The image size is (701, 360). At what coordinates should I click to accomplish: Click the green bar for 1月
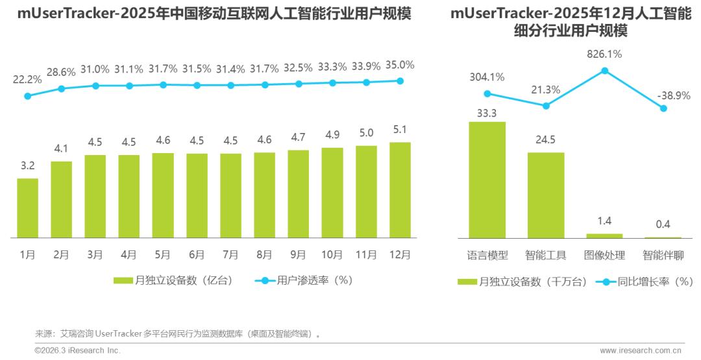coord(27,208)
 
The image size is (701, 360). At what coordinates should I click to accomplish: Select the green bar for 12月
coord(400,190)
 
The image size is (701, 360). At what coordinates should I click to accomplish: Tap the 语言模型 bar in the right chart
coord(487,180)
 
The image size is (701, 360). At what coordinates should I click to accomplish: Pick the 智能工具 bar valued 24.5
coord(546,195)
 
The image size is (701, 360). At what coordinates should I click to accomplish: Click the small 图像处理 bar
coord(604,235)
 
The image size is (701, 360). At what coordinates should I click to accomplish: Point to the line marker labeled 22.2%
coord(27,96)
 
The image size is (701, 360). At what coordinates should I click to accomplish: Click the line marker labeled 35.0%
coord(400,81)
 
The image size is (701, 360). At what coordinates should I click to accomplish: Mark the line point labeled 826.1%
coord(604,70)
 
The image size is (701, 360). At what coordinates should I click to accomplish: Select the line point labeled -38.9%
coord(663,108)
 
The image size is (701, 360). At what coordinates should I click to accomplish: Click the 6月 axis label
coord(197,255)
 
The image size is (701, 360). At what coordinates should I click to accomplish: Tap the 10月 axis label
coord(332,255)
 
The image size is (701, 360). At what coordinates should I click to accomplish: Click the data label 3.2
coord(27,166)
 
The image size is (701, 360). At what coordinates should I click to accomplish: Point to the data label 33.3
coord(487,113)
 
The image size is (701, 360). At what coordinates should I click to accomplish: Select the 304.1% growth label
coord(487,77)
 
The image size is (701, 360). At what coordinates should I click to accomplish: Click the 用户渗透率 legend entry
coord(304,281)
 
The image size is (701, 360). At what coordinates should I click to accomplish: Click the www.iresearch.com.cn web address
coord(641,350)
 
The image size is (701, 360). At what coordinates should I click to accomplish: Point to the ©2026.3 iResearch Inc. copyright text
coord(77,350)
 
